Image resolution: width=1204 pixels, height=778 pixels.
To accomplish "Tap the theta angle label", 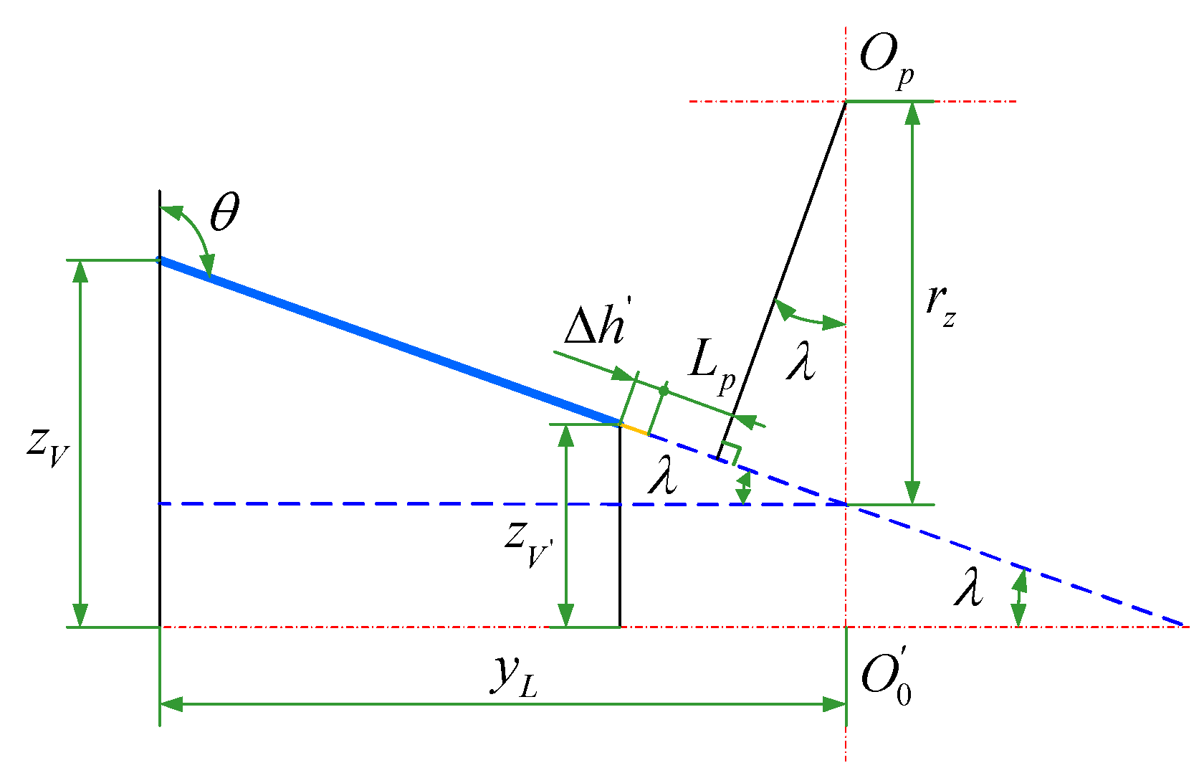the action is coord(224,213).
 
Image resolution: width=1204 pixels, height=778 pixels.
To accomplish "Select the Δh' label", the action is coord(594,328).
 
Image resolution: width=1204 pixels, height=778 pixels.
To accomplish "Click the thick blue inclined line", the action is coord(387,341).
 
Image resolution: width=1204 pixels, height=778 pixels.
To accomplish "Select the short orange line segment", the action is coord(634,430).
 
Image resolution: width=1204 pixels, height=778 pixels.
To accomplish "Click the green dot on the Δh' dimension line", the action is coord(664,391).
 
